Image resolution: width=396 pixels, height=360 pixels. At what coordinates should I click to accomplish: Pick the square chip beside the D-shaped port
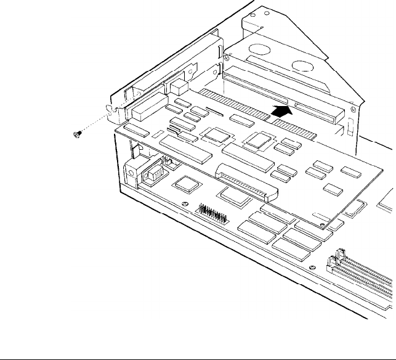(x=185, y=182)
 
